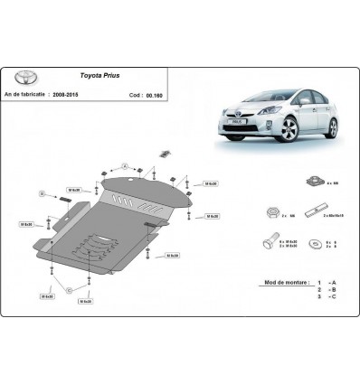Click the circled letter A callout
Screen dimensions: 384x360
click(151, 167)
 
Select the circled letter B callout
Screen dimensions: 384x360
click(42, 193)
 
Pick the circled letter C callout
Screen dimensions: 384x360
click(69, 287)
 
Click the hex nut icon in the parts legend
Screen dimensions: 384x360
click(272, 213)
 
